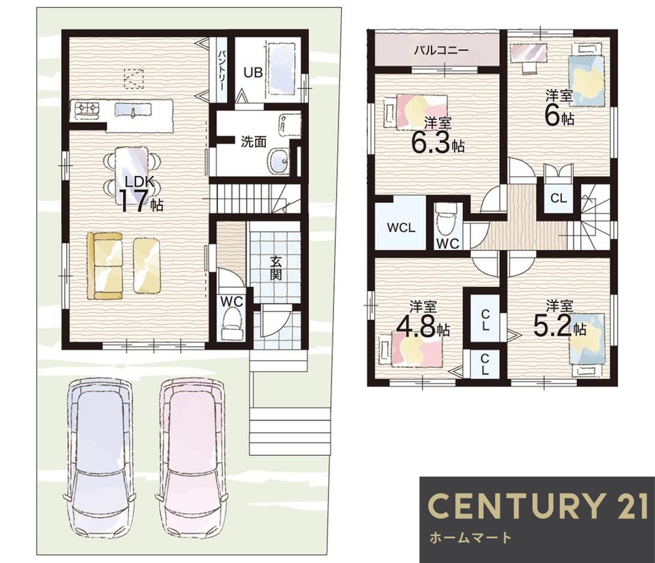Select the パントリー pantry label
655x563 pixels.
coord(222,69)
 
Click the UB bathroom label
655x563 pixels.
coord(253,73)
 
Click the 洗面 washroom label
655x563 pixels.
coord(253,142)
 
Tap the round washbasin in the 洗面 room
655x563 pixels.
coord(279,160)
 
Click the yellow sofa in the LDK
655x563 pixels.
coord(104,266)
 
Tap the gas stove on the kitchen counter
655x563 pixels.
coord(87,109)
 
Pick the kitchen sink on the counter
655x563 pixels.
coord(134,110)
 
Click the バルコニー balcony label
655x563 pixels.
coord(441,50)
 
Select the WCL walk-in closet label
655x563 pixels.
coord(401,228)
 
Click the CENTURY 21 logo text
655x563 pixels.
coord(539,506)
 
